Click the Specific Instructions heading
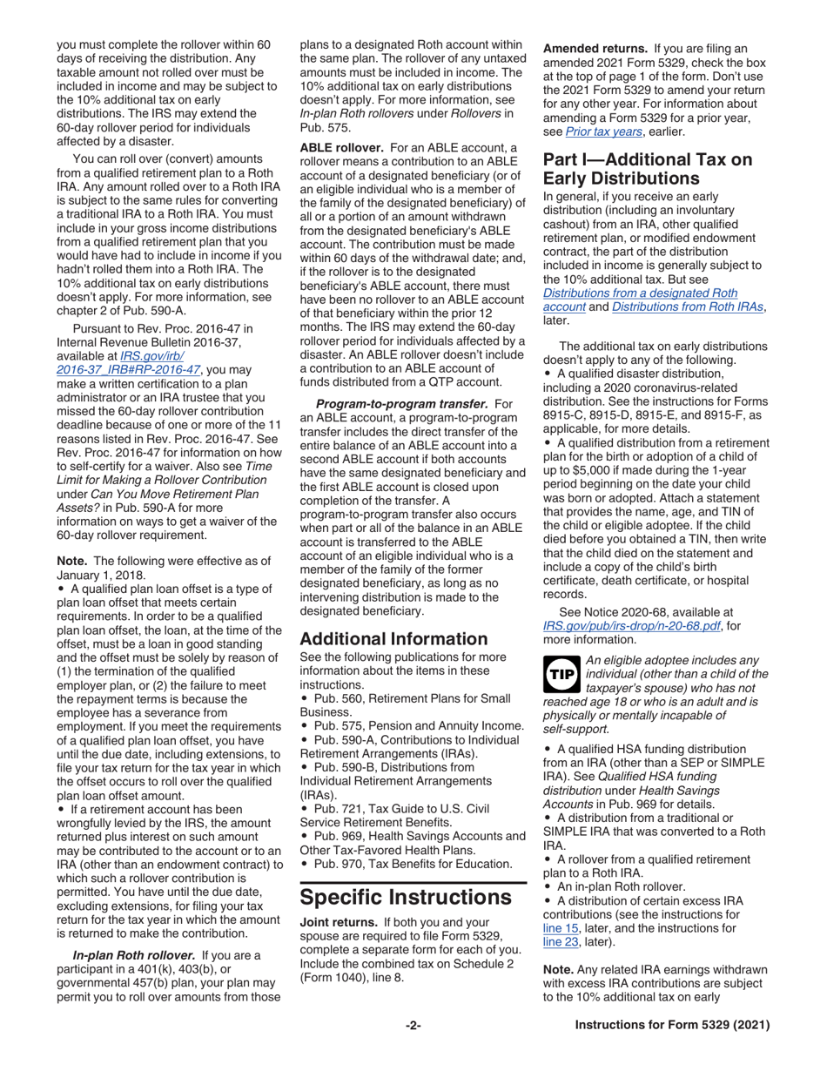[x=405, y=896]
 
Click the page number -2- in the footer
[x=413, y=1026]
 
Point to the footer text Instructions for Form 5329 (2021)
[x=673, y=1026]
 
